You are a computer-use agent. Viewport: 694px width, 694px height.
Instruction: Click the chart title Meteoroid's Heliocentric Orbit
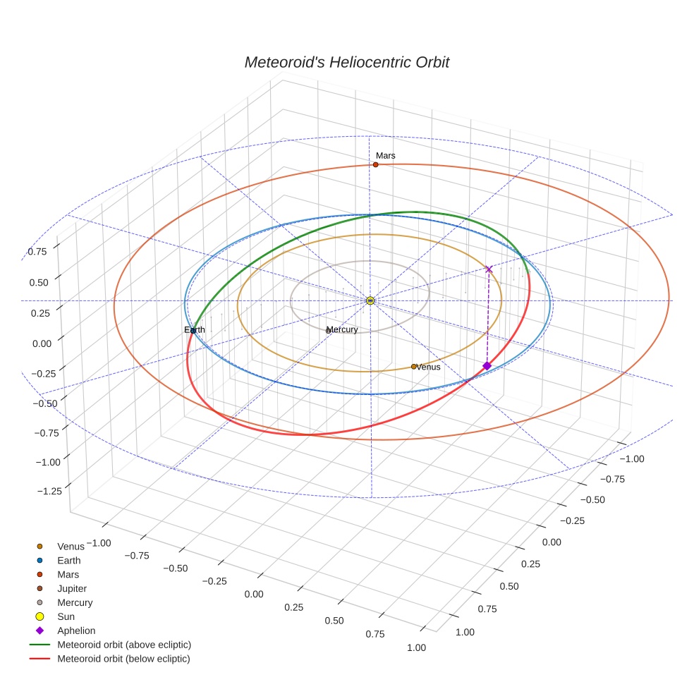point(346,62)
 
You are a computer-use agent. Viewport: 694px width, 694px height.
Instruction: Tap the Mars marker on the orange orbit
point(375,164)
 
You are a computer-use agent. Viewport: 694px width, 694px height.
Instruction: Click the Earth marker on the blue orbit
point(193,330)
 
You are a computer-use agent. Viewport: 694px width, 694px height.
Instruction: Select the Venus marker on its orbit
point(413,366)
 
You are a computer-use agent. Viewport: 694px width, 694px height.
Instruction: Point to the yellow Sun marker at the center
point(370,300)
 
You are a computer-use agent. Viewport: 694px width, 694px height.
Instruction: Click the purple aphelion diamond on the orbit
point(487,365)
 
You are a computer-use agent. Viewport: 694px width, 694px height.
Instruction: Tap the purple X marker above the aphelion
point(489,269)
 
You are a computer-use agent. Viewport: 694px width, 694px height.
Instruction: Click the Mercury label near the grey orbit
point(343,329)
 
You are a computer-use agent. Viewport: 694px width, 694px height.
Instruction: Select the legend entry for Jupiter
point(72,588)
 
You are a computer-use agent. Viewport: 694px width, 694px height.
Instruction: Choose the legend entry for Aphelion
point(75,631)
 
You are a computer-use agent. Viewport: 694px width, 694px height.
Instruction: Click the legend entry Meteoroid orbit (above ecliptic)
point(124,645)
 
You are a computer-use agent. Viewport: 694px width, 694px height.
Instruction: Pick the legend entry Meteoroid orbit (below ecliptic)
point(123,659)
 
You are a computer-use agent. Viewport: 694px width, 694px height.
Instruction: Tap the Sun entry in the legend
point(66,616)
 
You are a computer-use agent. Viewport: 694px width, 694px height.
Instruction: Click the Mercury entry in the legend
point(75,602)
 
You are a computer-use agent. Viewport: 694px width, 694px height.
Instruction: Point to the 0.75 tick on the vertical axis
point(37,251)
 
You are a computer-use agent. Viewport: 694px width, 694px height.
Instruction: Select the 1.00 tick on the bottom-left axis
point(416,647)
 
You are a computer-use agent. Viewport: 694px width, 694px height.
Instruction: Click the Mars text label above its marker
point(385,155)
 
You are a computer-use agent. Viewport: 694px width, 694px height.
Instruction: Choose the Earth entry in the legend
point(68,560)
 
